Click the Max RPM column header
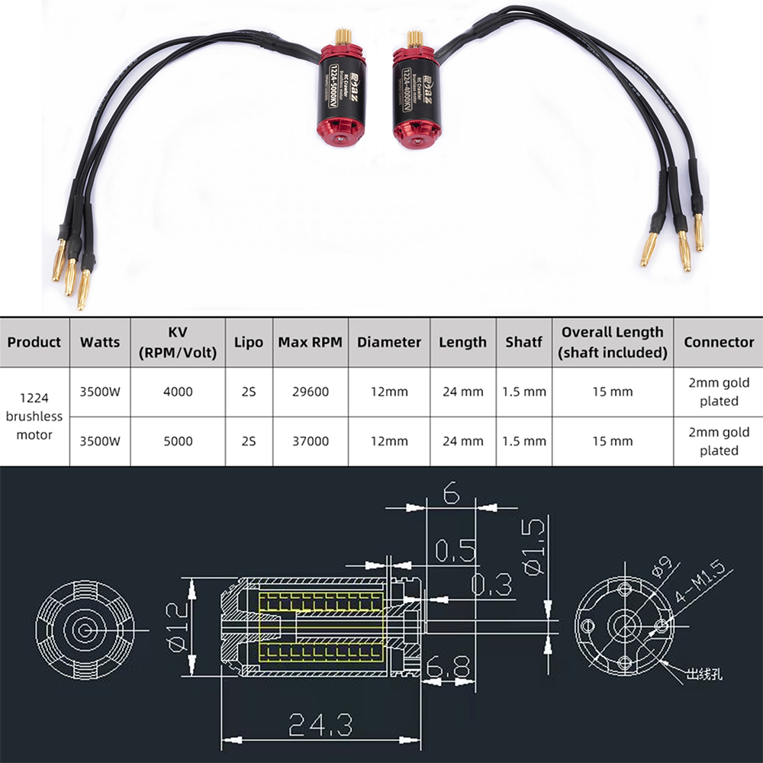click(310, 342)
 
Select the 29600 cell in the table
click(310, 392)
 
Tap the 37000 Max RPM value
click(310, 441)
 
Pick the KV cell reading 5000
click(178, 441)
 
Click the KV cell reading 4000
click(178, 392)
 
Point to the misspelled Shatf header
click(524, 342)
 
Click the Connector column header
click(719, 342)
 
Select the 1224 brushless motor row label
click(35, 417)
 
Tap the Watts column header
click(100, 342)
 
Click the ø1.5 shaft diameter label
click(533, 546)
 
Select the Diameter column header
click(389, 342)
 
